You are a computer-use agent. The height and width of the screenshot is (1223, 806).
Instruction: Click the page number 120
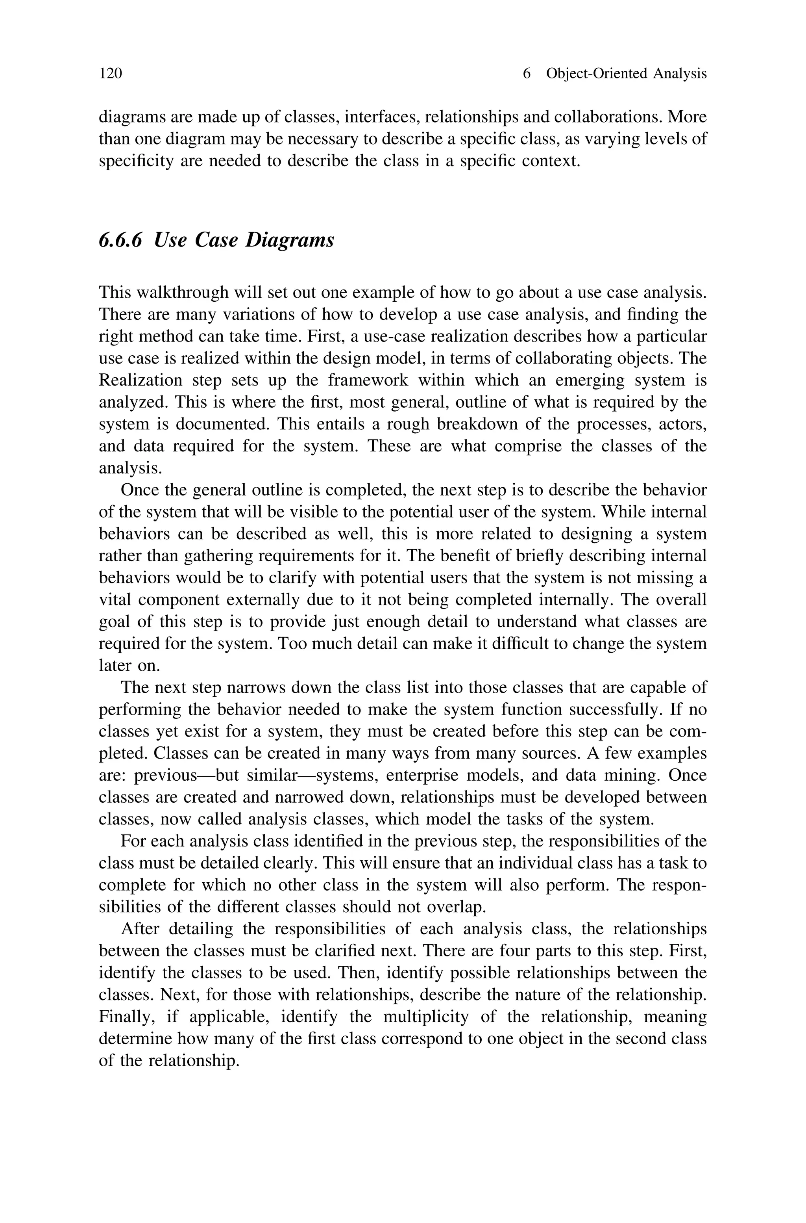(x=111, y=74)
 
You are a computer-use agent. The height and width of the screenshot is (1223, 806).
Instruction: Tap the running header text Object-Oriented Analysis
(x=626, y=74)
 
